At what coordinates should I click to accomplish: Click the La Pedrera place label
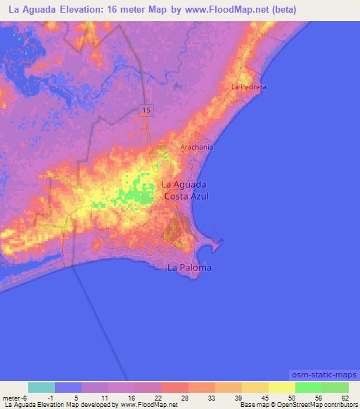click(x=250, y=86)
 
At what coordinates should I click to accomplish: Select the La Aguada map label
click(x=184, y=185)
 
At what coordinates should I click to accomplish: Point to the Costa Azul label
click(x=186, y=197)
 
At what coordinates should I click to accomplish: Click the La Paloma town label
click(x=189, y=268)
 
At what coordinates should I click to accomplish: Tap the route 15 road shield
click(x=146, y=110)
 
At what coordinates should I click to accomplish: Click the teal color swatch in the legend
click(x=41, y=387)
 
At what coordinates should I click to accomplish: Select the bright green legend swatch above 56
click(x=308, y=387)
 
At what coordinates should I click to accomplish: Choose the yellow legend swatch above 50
click(x=281, y=387)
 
